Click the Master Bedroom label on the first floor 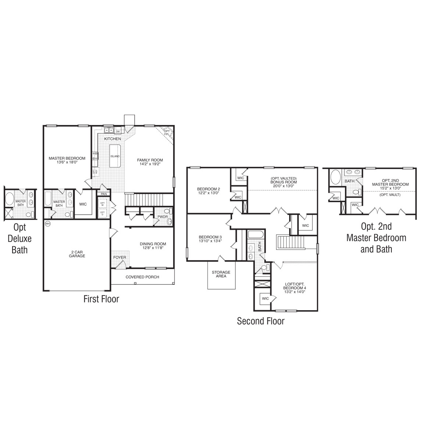pyautogui.click(x=67, y=158)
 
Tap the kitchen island pyautogui.click(x=115, y=156)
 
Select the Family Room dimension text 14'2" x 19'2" pyautogui.click(x=150, y=164)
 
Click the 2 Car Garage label pyautogui.click(x=77, y=254)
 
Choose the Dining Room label pyautogui.click(x=153, y=244)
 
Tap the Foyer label pyautogui.click(x=120, y=257)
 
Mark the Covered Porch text pyautogui.click(x=142, y=277)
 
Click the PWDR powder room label pyautogui.click(x=162, y=217)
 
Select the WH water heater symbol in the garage pyautogui.click(x=47, y=223)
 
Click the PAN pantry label pyautogui.click(x=104, y=194)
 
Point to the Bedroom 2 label pyautogui.click(x=208, y=189)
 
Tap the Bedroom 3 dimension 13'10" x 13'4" pyautogui.click(x=210, y=241)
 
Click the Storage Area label pyautogui.click(x=221, y=274)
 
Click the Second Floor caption pyautogui.click(x=260, y=321)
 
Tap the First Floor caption pyautogui.click(x=101, y=299)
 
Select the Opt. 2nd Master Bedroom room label pyautogui.click(x=390, y=182)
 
